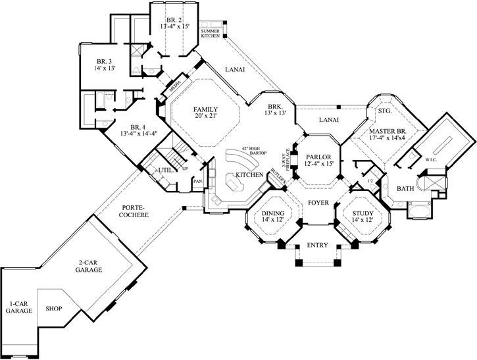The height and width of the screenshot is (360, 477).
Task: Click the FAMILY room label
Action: pyautogui.click(x=205, y=108)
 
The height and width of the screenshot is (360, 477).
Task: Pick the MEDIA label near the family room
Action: pyautogui.click(x=175, y=86)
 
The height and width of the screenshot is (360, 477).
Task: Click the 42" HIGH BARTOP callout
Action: pyautogui.click(x=254, y=151)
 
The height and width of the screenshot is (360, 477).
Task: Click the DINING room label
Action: pyautogui.click(x=271, y=214)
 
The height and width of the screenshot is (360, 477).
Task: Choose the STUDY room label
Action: pyautogui.click(x=361, y=214)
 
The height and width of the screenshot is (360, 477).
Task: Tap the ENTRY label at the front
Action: pyautogui.click(x=317, y=245)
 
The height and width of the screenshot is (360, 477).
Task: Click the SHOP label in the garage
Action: pyautogui.click(x=53, y=307)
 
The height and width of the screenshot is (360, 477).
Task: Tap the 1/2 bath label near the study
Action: pyautogui.click(x=370, y=180)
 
